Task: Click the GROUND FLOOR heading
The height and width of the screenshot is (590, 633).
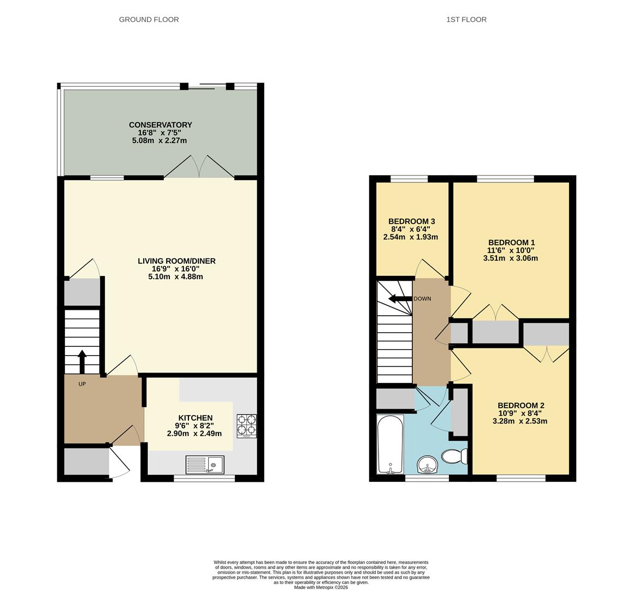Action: click(x=149, y=20)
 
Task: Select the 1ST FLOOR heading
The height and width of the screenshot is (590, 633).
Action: click(x=466, y=20)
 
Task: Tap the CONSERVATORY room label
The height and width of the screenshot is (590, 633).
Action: click(x=160, y=125)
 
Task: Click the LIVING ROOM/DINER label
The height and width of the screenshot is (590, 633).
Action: click(x=176, y=261)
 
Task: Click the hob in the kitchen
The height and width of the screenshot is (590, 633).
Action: click(x=246, y=426)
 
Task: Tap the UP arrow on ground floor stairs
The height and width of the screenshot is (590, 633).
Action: click(x=82, y=361)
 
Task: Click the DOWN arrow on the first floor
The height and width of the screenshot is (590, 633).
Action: click(x=399, y=299)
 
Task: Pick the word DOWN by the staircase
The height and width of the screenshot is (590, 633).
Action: click(x=422, y=299)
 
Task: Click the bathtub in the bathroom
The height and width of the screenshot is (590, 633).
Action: click(x=391, y=444)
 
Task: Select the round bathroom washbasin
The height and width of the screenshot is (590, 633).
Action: click(x=427, y=465)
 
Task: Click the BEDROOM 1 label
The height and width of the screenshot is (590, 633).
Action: click(x=511, y=243)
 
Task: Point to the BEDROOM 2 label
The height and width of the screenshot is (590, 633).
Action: click(x=520, y=405)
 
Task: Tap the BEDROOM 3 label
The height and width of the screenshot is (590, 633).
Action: click(x=412, y=221)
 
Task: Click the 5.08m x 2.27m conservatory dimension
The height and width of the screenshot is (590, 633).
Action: click(x=159, y=140)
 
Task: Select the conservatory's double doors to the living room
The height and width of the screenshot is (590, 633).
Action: click(x=199, y=166)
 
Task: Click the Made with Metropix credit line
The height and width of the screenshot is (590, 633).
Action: click(x=321, y=587)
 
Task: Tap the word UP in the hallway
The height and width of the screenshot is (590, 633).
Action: click(x=82, y=384)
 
